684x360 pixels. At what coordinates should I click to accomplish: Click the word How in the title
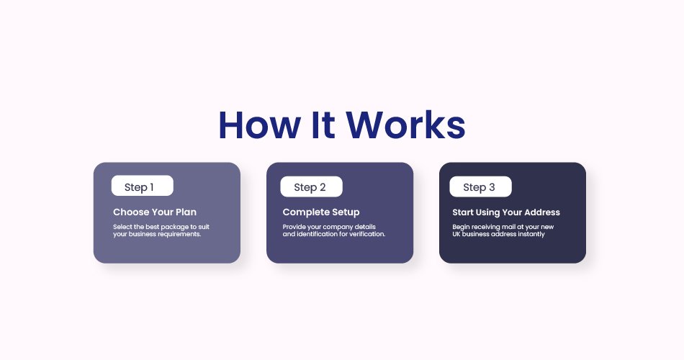pos(259,125)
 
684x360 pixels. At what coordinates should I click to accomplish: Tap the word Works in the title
pos(406,125)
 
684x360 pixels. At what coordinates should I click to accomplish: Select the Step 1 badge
pos(143,186)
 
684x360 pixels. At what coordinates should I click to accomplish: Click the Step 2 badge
pos(312,186)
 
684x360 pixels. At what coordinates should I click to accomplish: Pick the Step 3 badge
pos(481,186)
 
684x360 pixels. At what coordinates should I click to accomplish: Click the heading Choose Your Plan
pos(155,212)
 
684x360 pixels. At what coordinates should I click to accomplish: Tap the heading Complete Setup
pos(321,212)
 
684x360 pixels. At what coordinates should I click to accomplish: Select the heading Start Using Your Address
pos(506,212)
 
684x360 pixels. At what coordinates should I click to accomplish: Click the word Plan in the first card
pos(186,212)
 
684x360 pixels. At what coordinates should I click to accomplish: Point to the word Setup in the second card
pos(346,212)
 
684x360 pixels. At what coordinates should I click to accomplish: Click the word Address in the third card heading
pos(542,212)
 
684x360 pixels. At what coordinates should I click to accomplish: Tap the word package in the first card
pos(174,227)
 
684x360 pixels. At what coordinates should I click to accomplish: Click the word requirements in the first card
pos(179,234)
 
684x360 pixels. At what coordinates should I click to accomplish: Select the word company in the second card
pos(338,227)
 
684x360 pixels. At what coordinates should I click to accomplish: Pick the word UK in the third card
pos(456,234)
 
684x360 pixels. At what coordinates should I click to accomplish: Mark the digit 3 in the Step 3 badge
pos(492,187)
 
